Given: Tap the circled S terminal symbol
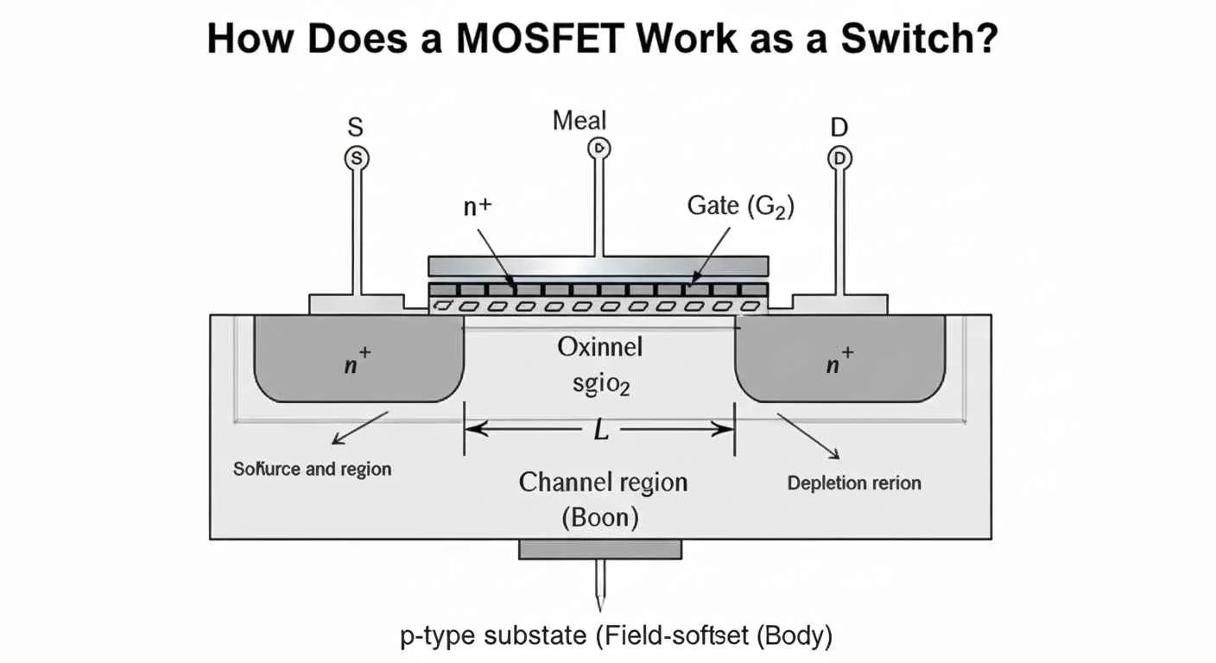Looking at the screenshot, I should pyautogui.click(x=356, y=158).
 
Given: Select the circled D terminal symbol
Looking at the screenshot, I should pyautogui.click(x=839, y=158).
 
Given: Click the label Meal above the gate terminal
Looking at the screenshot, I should pyautogui.click(x=579, y=120).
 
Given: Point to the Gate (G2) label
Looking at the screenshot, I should pyautogui.click(x=740, y=205).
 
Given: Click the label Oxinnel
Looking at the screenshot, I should pyautogui.click(x=600, y=348).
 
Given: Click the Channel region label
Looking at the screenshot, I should pyautogui.click(x=603, y=482).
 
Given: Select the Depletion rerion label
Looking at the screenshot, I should pyautogui.click(x=853, y=483).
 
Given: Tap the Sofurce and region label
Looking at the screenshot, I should pyautogui.click(x=312, y=470).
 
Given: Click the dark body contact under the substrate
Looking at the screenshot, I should pyautogui.click(x=599, y=549).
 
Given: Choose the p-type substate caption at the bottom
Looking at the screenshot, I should pyautogui.click(x=616, y=637).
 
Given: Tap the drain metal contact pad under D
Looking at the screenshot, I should pyautogui.click(x=839, y=304).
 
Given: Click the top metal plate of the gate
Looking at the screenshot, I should pyautogui.click(x=598, y=264).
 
